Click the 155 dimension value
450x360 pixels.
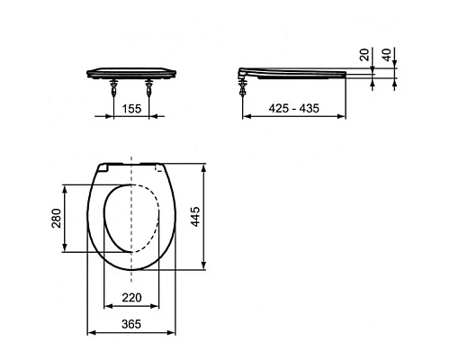pyautogui.click(x=132, y=108)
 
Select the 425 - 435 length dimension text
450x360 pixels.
pyautogui.click(x=294, y=108)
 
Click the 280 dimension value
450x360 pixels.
pyautogui.click(x=56, y=219)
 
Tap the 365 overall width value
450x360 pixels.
pyautogui.click(x=131, y=324)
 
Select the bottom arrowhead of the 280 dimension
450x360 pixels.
pyautogui.click(x=64, y=252)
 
